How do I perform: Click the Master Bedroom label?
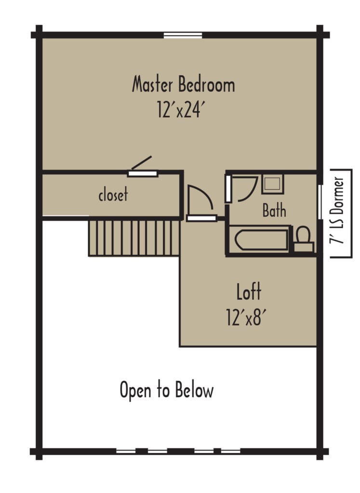(x=183, y=85)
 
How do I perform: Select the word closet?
(x=113, y=195)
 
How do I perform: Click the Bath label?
(x=274, y=210)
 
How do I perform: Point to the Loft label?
(x=249, y=292)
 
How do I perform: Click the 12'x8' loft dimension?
(x=246, y=318)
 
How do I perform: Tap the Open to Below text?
(x=166, y=390)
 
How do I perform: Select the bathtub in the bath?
(x=259, y=239)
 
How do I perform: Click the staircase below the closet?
(x=134, y=238)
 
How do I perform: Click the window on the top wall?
(x=183, y=35)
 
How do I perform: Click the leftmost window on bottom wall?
(x=126, y=452)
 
